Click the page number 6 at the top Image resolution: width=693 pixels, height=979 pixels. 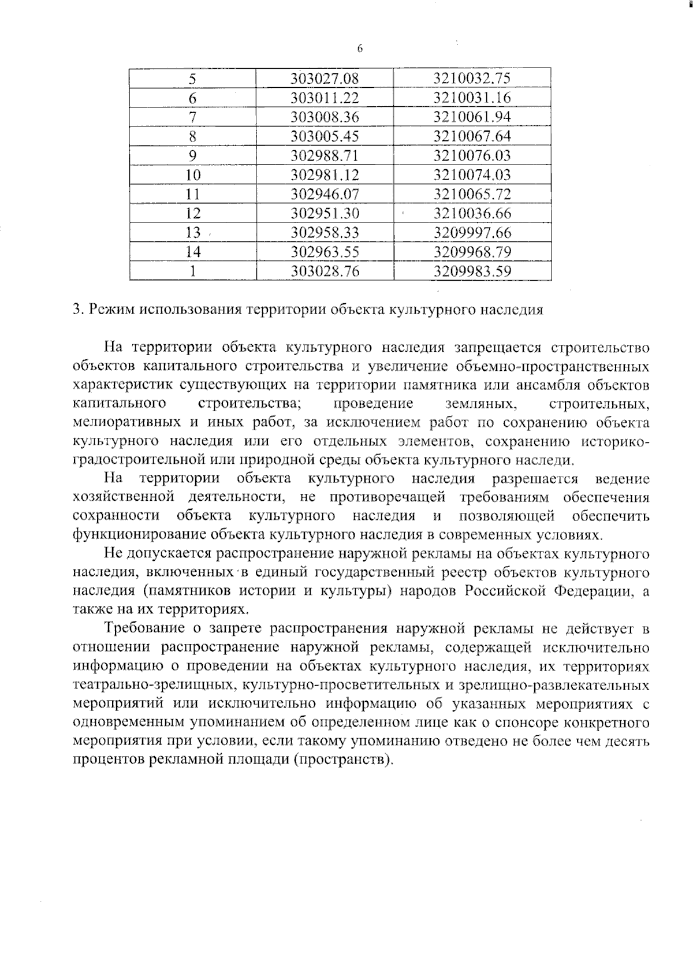pyautogui.click(x=359, y=49)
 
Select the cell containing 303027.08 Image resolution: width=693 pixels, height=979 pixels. pyautogui.click(x=325, y=79)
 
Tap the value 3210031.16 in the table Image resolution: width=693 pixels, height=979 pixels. pyautogui.click(x=472, y=98)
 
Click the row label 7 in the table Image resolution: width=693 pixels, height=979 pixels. pyautogui.click(x=193, y=117)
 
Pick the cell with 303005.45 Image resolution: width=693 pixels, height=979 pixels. pyautogui.click(x=325, y=136)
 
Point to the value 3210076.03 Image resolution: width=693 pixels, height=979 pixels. pyautogui.click(x=472, y=155)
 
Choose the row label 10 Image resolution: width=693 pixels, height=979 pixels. pyautogui.click(x=193, y=175)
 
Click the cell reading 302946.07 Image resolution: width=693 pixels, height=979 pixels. pyautogui.click(x=325, y=194)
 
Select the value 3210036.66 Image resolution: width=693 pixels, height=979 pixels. pyautogui.click(x=472, y=213)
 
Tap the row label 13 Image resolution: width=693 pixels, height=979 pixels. pyautogui.click(x=193, y=233)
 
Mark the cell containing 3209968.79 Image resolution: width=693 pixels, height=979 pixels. pyautogui.click(x=472, y=252)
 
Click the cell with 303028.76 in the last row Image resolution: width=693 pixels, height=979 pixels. pyautogui.click(x=325, y=271)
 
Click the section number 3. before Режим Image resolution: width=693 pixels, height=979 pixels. pyautogui.click(x=78, y=310)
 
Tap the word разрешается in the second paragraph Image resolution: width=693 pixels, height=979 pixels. pyautogui.click(x=534, y=479)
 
